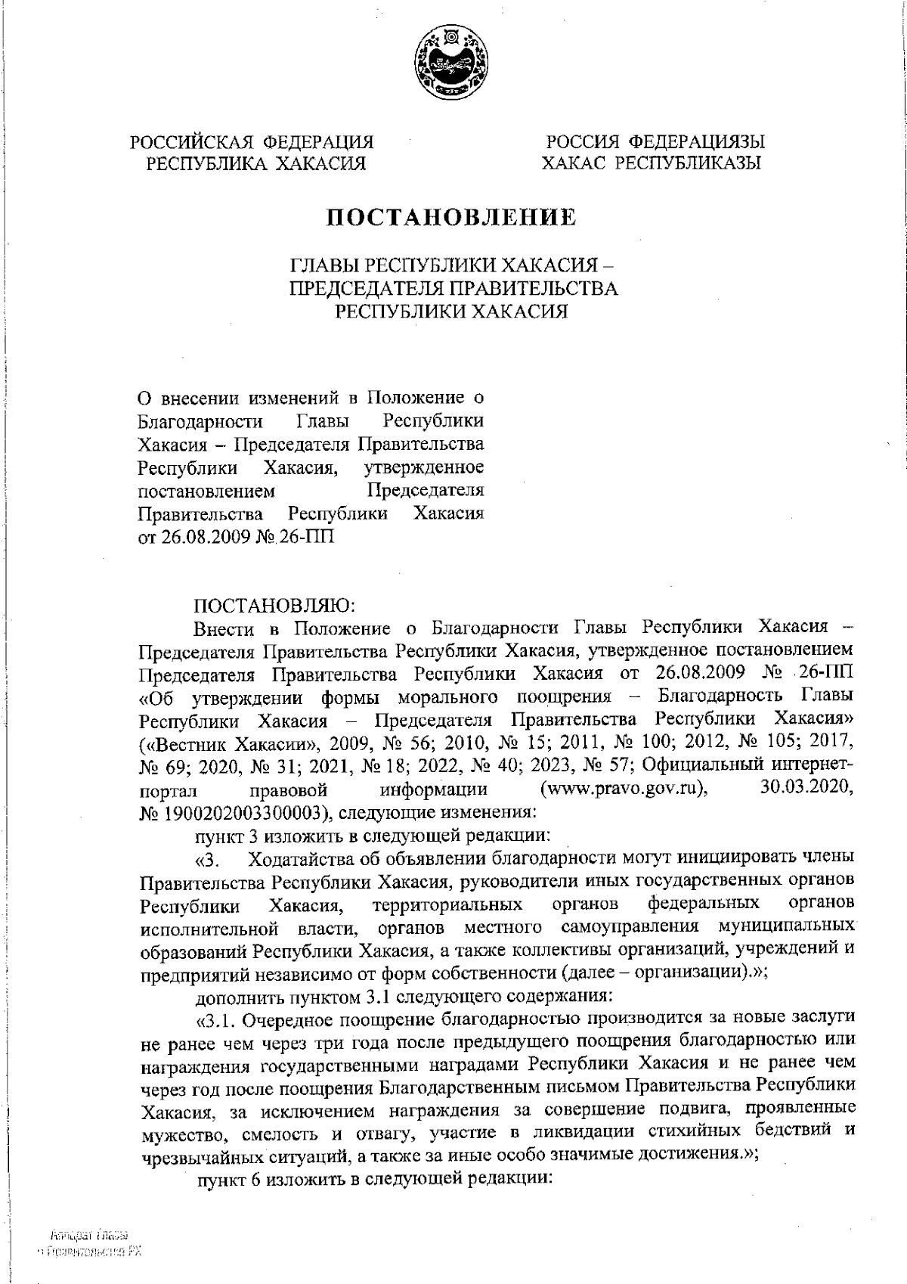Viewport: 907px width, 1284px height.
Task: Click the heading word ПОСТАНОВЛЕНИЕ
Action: [451, 218]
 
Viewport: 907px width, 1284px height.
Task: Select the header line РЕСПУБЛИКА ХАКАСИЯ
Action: [256, 163]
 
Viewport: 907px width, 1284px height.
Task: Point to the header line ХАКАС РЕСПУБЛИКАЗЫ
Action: [651, 163]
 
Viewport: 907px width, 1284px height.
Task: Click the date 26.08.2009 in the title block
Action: [200, 537]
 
